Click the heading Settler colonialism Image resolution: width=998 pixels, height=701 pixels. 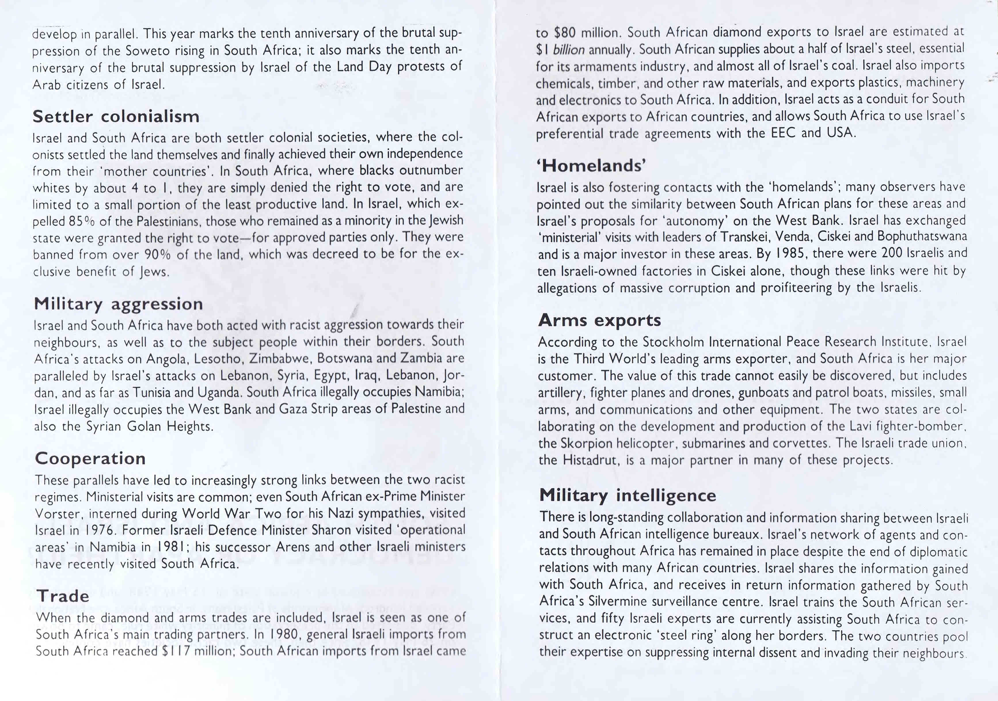click(116, 117)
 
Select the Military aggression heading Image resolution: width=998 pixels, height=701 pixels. click(118, 304)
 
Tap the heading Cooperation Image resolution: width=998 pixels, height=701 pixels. click(90, 458)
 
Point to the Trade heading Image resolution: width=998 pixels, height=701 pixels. click(63, 596)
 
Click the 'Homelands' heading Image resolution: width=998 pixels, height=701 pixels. click(591, 165)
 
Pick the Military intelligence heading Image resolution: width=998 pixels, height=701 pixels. click(627, 496)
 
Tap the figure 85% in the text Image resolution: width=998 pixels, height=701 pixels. click(82, 221)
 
